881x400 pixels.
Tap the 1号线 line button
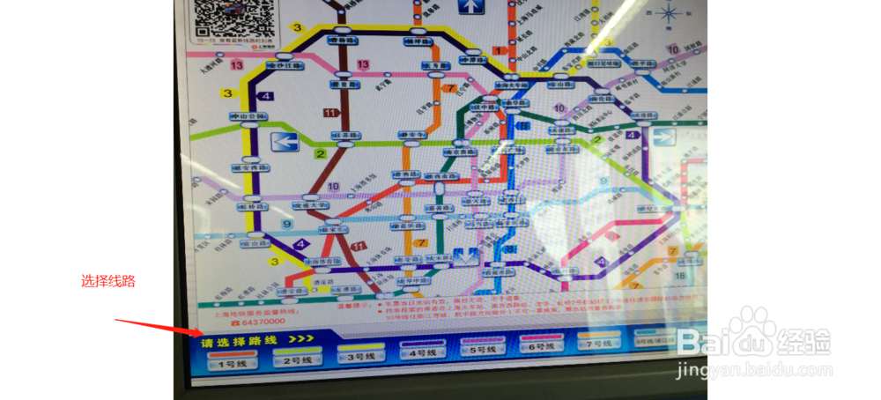[x=233, y=360]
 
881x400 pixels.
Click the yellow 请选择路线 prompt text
[x=239, y=340]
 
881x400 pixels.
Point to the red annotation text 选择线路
[x=108, y=281]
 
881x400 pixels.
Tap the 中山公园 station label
[x=248, y=117]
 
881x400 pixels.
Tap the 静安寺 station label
[x=413, y=136]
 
